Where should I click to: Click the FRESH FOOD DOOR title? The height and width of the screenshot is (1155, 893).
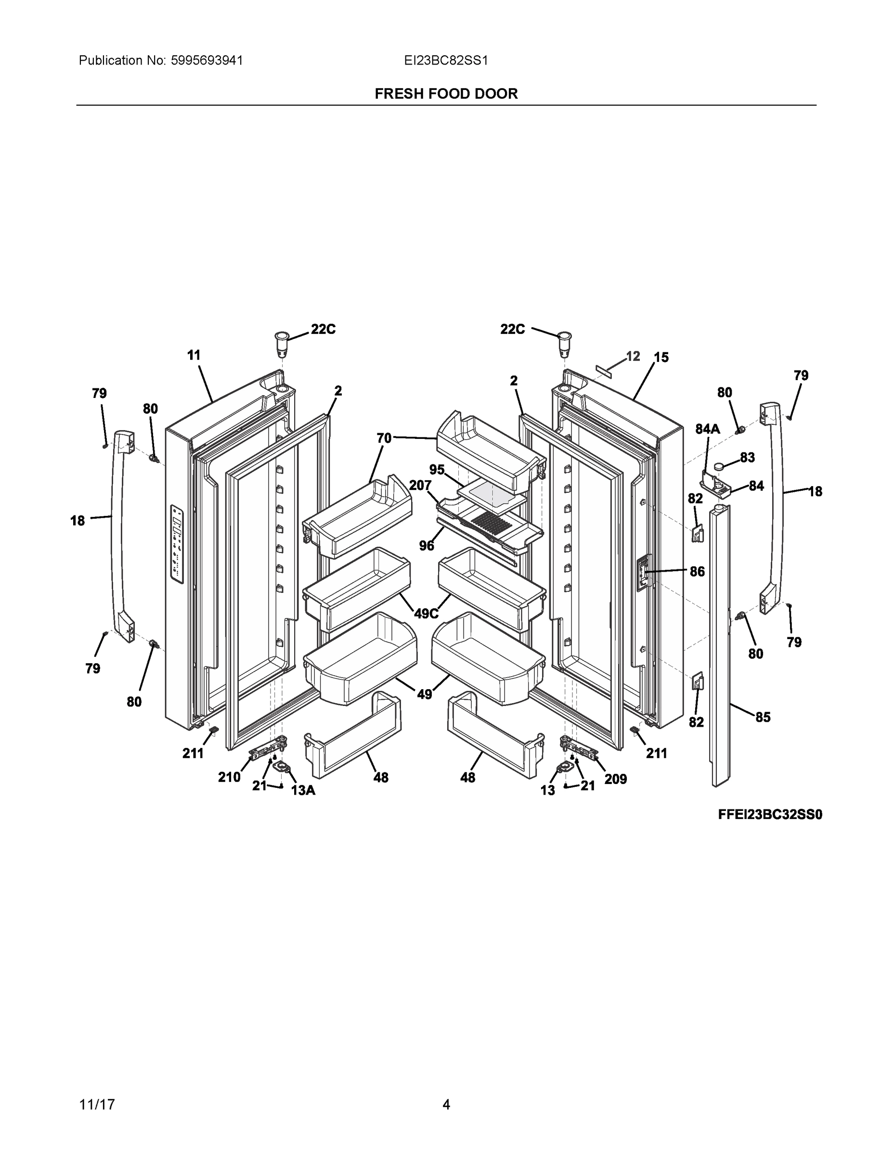tap(446, 94)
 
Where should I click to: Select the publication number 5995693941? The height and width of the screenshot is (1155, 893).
tap(207, 61)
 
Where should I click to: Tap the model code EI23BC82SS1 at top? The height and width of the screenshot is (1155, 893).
tap(445, 61)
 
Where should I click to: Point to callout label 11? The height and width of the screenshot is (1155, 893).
tap(194, 355)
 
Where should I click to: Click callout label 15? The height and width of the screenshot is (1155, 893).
tap(661, 358)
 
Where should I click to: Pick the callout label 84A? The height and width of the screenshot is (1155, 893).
tap(707, 429)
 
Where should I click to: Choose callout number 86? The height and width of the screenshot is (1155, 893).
tap(697, 571)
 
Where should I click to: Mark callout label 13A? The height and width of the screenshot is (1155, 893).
tap(303, 791)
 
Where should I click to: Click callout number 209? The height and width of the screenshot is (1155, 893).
tap(615, 779)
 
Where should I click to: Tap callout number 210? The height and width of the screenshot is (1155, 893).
tap(229, 777)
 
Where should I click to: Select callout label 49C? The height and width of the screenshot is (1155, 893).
tap(427, 614)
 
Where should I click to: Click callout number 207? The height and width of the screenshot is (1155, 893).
tap(420, 485)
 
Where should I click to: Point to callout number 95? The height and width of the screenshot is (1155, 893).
tap(437, 470)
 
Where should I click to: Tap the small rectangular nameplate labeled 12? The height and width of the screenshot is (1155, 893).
tap(604, 369)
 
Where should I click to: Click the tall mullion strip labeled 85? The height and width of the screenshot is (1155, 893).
tap(720, 645)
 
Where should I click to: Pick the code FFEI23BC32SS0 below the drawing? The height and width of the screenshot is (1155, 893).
tap(770, 815)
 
